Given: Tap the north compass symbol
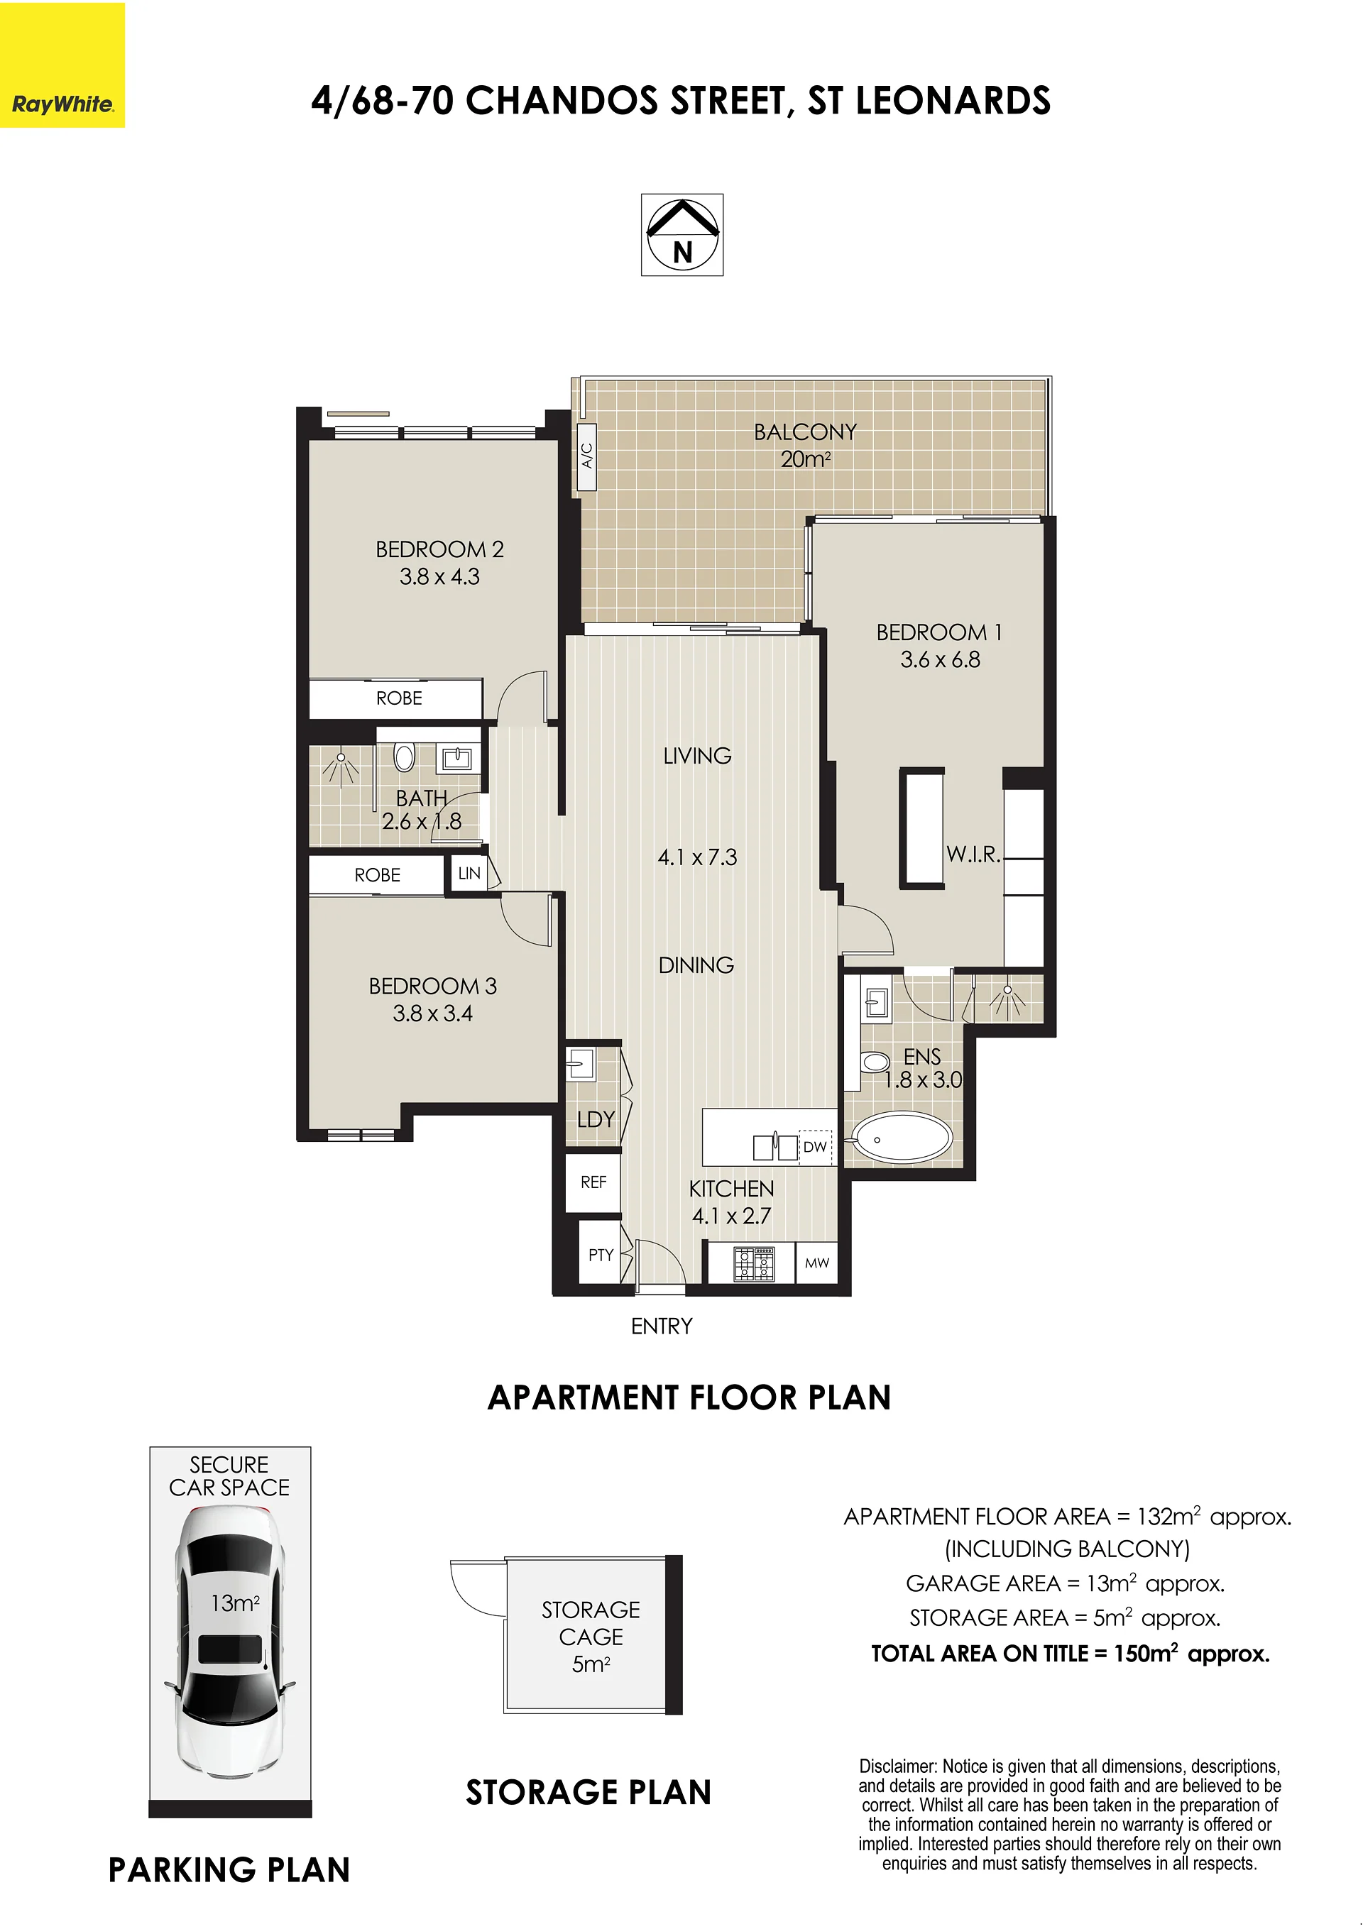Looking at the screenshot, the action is click(682, 235).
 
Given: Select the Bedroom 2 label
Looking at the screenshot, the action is click(439, 549).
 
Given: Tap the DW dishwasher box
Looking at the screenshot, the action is click(815, 1147).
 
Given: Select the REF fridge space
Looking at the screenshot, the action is click(593, 1182).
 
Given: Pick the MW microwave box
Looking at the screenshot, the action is click(817, 1263).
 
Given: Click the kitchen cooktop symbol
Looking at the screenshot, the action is click(754, 1263).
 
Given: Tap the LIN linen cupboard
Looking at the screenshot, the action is click(469, 873).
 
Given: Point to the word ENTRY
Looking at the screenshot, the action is click(662, 1326).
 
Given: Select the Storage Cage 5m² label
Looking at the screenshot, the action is click(591, 1636).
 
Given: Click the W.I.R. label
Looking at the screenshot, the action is click(973, 854).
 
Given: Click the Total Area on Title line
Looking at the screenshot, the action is click(1070, 1654).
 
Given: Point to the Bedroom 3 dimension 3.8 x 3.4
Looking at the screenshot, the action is click(433, 1013).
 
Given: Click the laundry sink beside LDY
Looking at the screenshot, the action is click(580, 1065).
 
